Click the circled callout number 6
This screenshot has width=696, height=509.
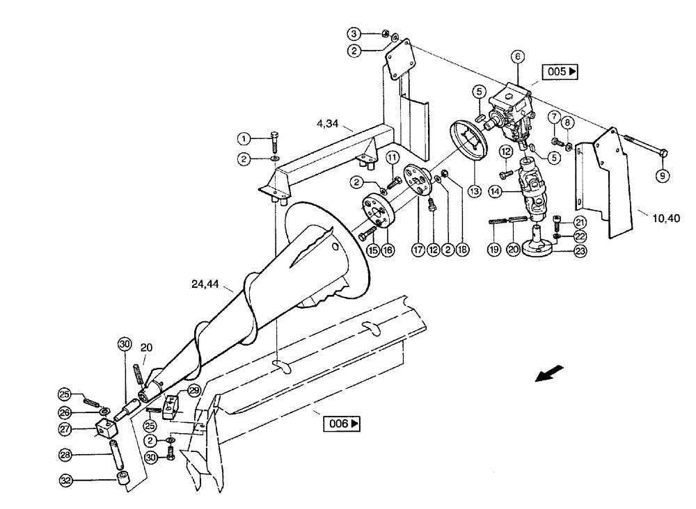517,56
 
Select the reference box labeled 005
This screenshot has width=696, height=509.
562,72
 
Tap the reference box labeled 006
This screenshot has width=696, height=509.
342,423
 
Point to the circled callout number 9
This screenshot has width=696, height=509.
663,177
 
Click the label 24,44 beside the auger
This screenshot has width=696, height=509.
205,284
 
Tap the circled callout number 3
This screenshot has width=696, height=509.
354,33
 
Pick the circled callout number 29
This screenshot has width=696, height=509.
193,392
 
